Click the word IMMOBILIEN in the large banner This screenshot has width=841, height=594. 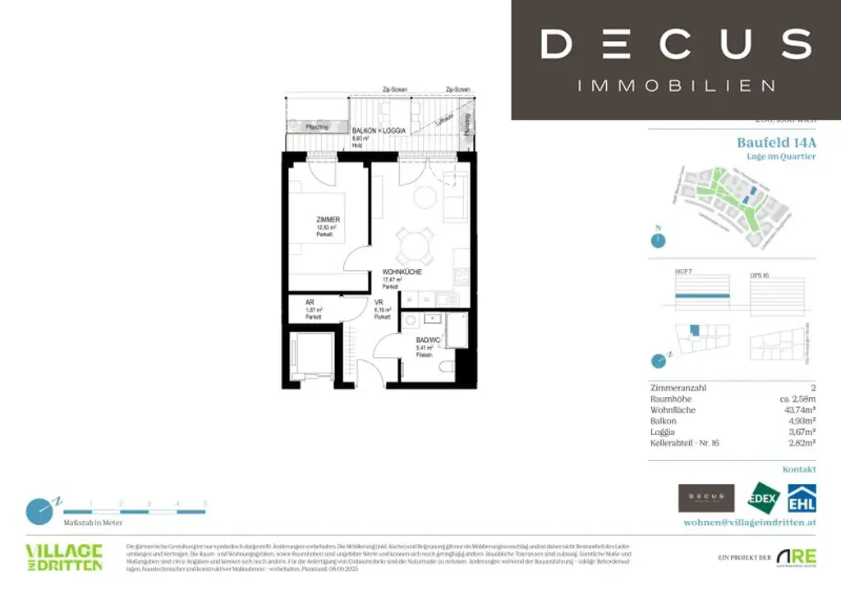[676, 85]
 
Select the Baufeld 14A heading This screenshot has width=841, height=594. [776, 142]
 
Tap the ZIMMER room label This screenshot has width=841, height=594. [328, 220]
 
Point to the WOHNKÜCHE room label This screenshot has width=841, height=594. [402, 272]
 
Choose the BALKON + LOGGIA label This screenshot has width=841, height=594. [378, 131]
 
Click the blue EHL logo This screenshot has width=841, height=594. [802, 498]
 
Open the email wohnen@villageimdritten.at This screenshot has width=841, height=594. [750, 522]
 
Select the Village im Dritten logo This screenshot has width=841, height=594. [64, 557]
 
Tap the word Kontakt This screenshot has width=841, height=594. [799, 469]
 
